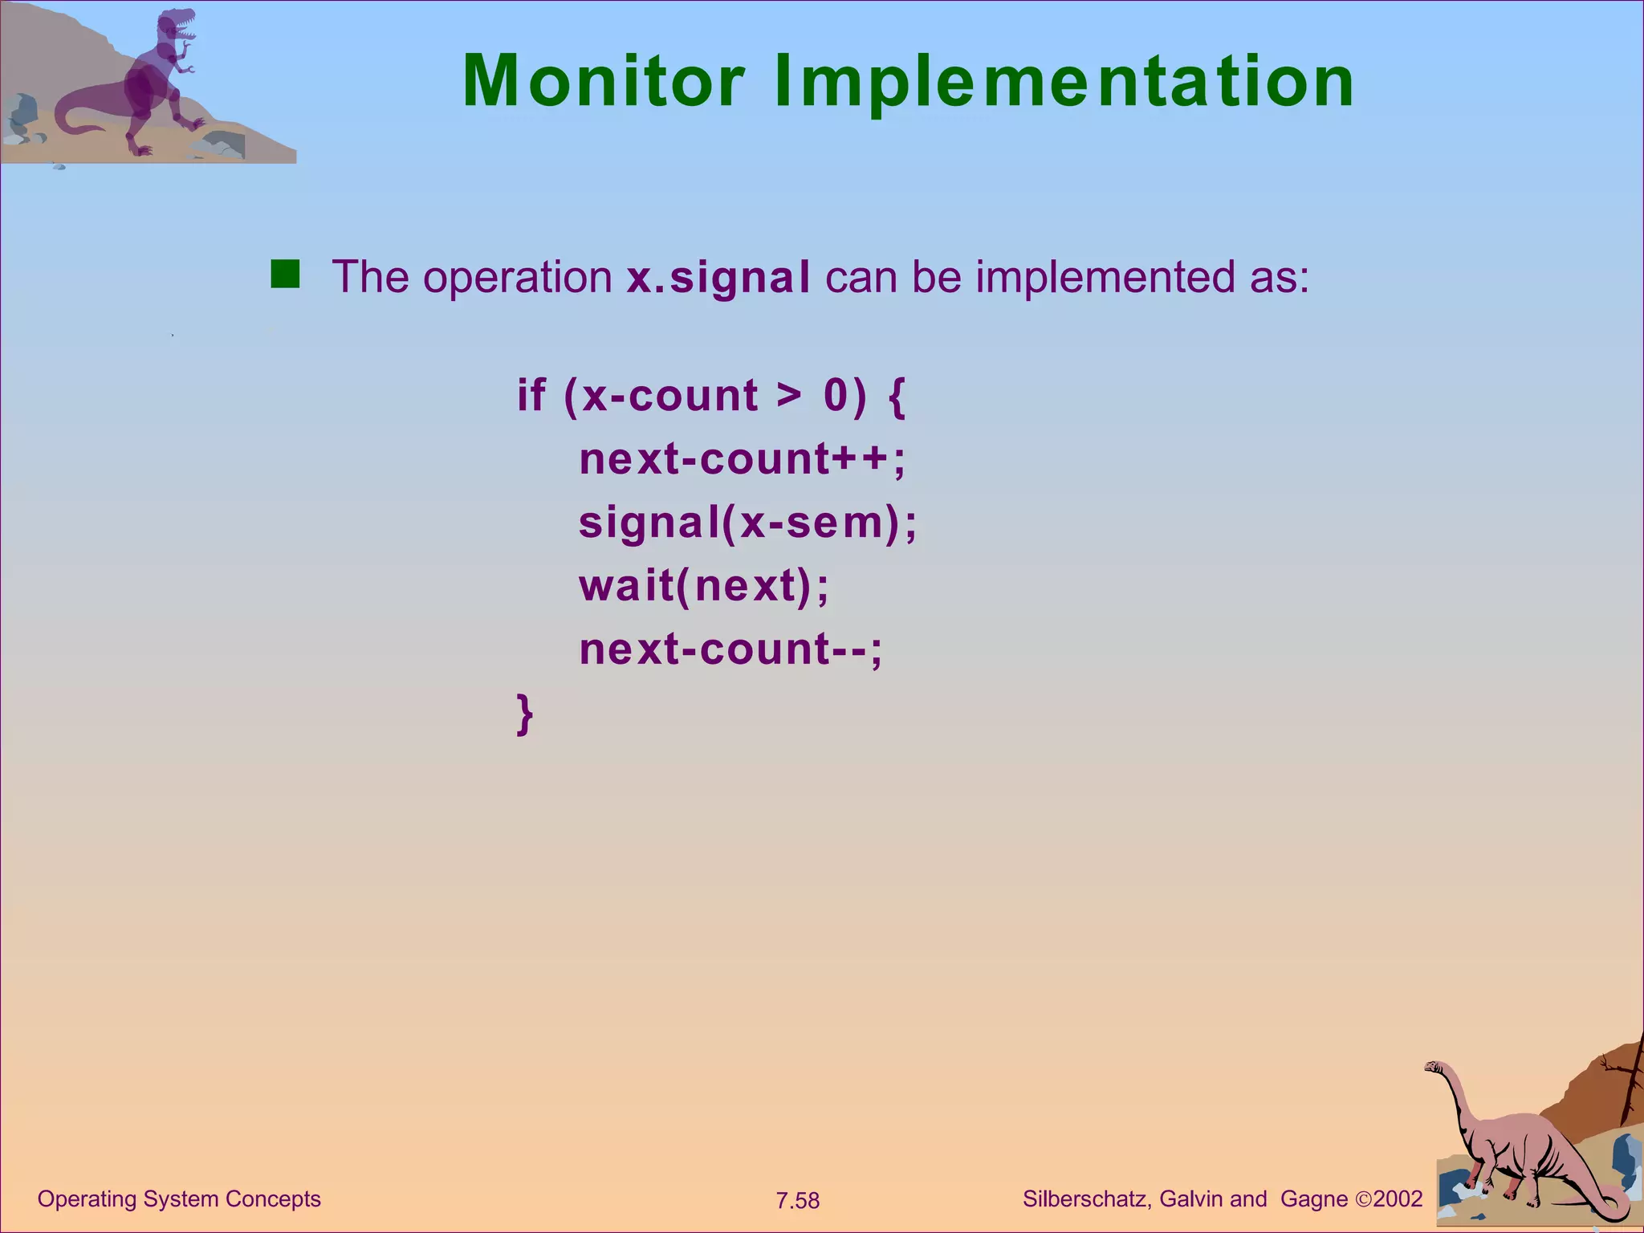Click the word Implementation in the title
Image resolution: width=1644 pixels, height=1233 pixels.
click(x=1064, y=83)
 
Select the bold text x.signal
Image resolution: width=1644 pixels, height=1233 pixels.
click(x=718, y=278)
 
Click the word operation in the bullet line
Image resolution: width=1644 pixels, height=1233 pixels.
click(x=518, y=278)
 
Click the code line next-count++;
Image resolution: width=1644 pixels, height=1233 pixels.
click(x=742, y=459)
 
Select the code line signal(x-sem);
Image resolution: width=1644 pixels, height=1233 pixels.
click(x=747, y=523)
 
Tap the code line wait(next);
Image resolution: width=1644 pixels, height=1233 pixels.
click(x=703, y=585)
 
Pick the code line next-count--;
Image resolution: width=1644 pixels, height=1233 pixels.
click(x=730, y=649)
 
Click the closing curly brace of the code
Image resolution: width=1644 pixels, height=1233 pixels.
click(x=524, y=713)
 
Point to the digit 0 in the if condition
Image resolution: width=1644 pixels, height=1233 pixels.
click(x=836, y=395)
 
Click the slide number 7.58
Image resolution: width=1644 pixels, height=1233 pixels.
click(x=797, y=1201)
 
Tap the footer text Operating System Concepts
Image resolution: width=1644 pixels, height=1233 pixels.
click(x=179, y=1198)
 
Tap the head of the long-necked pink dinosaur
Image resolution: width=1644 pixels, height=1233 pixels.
click(x=1434, y=1068)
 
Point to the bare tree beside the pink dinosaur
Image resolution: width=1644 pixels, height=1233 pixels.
click(x=1628, y=1084)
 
